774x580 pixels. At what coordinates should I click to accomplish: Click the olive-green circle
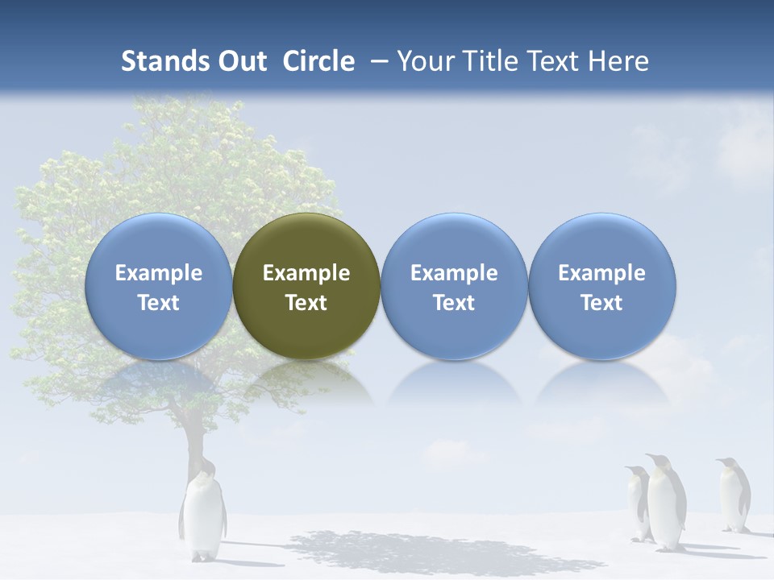tap(306, 286)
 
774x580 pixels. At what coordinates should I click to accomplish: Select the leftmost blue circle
tap(158, 286)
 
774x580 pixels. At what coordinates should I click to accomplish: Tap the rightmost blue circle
tap(601, 286)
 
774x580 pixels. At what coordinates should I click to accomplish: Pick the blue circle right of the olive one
tap(454, 286)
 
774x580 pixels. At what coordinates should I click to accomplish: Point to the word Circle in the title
tap(318, 61)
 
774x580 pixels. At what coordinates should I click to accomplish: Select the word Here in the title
tap(618, 61)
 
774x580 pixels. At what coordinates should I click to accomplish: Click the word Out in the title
tap(240, 61)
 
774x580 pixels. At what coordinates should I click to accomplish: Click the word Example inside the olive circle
tap(306, 273)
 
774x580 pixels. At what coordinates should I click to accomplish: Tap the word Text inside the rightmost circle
tap(601, 303)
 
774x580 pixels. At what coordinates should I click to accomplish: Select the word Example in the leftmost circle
tap(158, 273)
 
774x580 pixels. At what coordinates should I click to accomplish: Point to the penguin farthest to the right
tap(734, 495)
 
